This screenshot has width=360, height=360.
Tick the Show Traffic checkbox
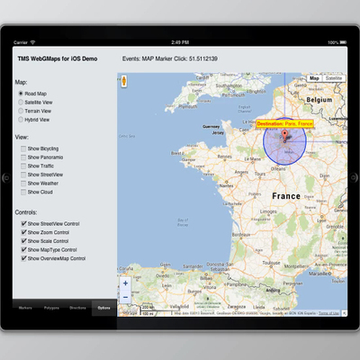click(x=23, y=166)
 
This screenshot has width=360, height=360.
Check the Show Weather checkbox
click(x=23, y=183)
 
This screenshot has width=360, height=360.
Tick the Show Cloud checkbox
click(x=23, y=192)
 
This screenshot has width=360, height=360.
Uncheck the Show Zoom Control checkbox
click(x=23, y=232)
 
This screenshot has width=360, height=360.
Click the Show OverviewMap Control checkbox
click(x=23, y=258)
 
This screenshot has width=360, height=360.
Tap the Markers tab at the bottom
click(x=25, y=308)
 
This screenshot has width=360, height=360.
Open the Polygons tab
click(x=51, y=308)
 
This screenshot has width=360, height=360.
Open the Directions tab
click(x=77, y=308)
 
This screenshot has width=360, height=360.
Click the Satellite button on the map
click(x=334, y=78)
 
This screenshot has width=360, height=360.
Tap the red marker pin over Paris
click(x=285, y=136)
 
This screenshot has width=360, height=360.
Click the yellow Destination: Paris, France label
click(x=285, y=123)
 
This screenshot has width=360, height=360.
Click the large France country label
click(x=285, y=195)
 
